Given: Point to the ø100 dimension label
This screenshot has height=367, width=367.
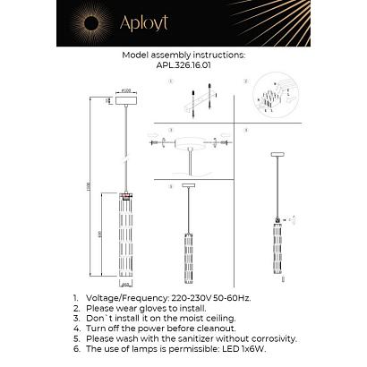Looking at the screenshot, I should click(x=126, y=90).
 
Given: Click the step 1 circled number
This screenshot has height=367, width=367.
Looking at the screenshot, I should click(x=168, y=81).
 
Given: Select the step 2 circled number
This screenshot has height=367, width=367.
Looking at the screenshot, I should click(x=244, y=81).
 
